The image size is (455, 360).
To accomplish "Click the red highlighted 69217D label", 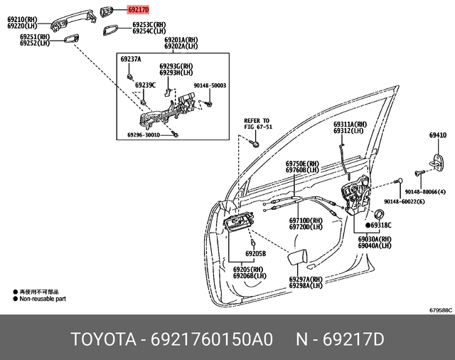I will click(139, 10).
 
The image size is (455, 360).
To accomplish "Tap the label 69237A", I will click(130, 60).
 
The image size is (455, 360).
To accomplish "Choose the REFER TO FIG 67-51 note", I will click(257, 124).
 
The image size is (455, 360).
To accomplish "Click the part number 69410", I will click(437, 134).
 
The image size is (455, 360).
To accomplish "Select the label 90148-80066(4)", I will click(424, 193).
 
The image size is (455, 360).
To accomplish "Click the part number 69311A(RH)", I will click(349, 124).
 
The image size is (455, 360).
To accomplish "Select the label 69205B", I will click(255, 253).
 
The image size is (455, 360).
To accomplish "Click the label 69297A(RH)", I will click(306, 279).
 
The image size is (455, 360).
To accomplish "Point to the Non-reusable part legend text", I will click(44, 300).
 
